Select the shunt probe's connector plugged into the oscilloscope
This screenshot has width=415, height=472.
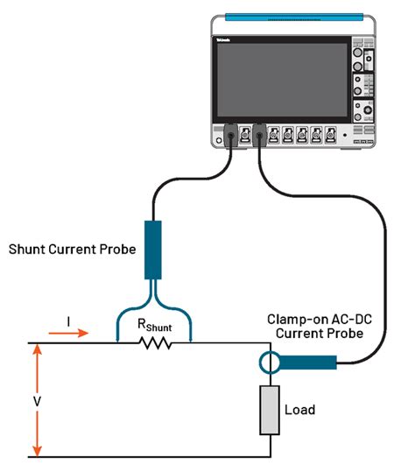coord(230,135)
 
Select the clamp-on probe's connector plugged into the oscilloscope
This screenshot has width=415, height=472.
coord(258,135)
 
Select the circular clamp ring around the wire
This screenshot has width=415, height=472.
coord(269,362)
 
